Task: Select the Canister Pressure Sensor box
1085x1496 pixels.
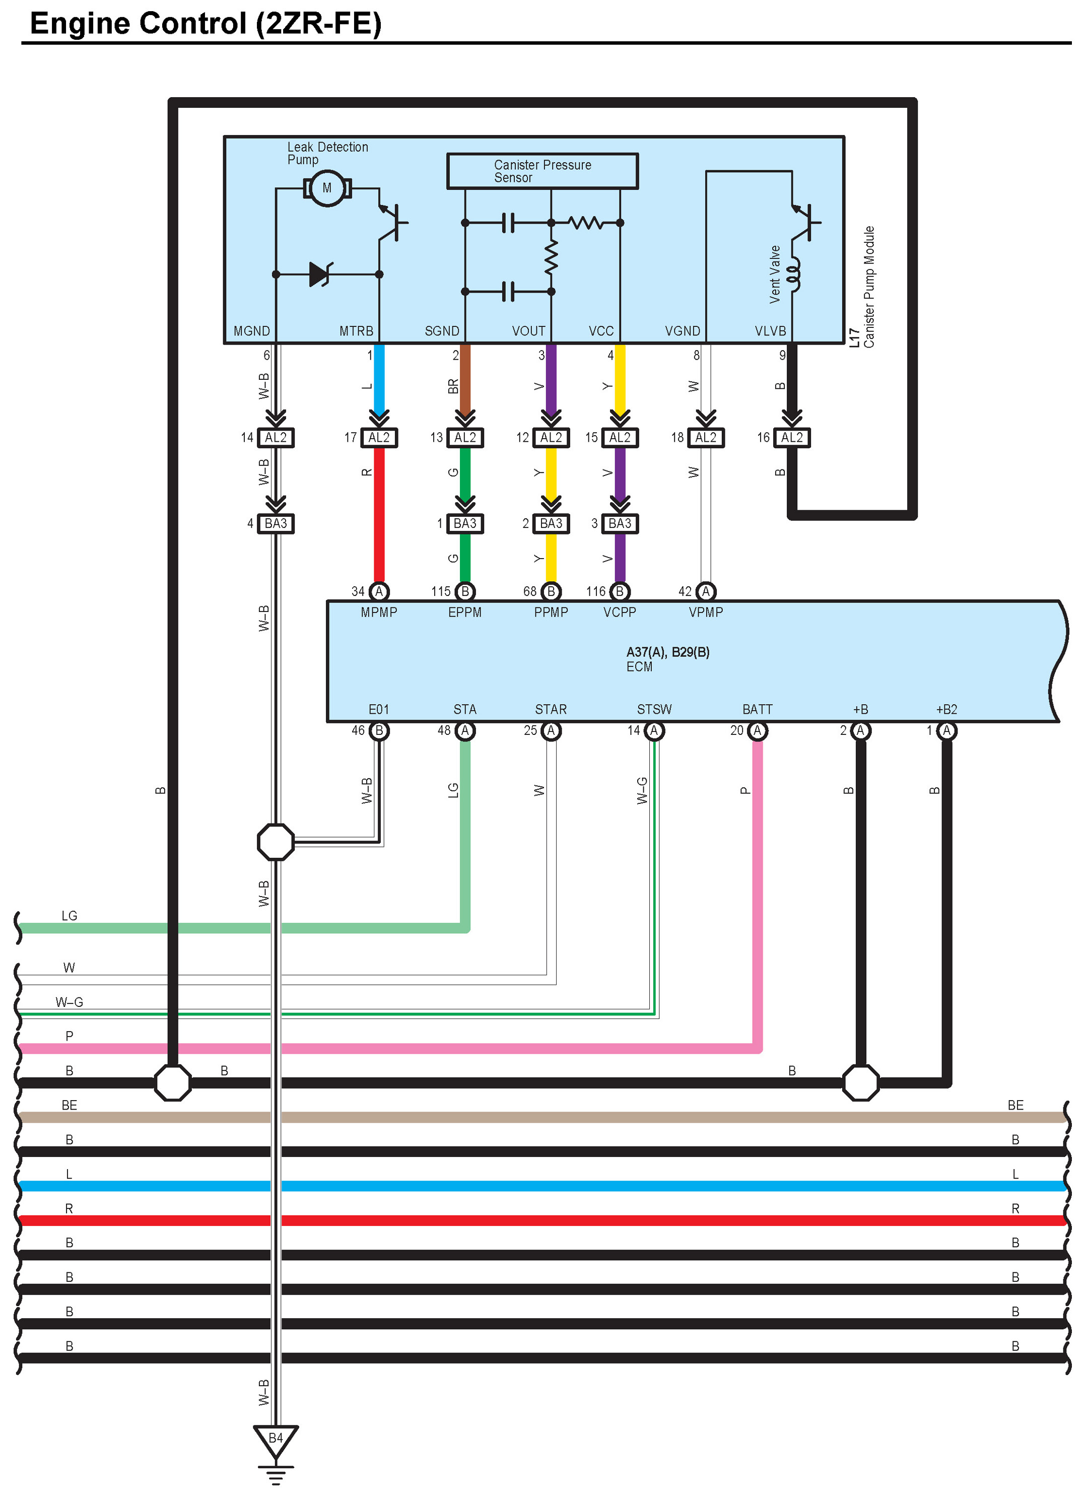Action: (x=542, y=171)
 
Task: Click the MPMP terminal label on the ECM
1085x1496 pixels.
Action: (x=379, y=612)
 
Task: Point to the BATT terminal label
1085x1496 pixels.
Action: (x=757, y=709)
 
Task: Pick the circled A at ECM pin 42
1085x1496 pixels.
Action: (x=706, y=592)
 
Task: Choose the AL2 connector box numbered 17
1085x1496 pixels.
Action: (x=379, y=437)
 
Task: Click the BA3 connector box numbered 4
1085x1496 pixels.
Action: (x=276, y=523)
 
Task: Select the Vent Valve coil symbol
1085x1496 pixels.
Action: (x=795, y=274)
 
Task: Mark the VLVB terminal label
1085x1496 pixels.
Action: (x=770, y=331)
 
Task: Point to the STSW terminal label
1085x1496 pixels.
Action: (x=654, y=709)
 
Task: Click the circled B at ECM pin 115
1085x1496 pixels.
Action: (x=465, y=592)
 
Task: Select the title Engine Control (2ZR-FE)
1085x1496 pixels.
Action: (x=206, y=24)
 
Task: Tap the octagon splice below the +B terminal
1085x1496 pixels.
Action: (x=861, y=1082)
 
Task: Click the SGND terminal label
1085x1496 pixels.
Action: (x=442, y=331)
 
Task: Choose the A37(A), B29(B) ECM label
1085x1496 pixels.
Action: (x=667, y=652)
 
